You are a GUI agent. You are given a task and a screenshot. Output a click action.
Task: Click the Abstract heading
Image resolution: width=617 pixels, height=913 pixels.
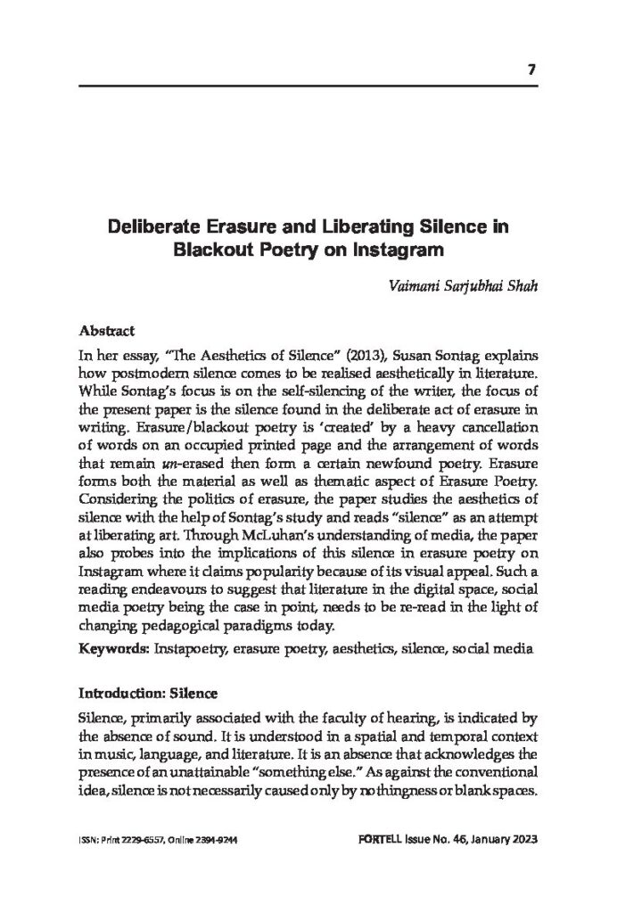106,328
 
